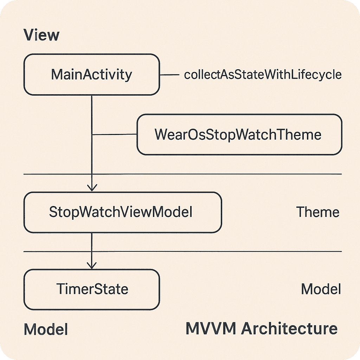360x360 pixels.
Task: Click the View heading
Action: [x=41, y=36]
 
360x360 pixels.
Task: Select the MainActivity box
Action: [x=91, y=75]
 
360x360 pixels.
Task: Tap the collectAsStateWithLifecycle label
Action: [x=263, y=75]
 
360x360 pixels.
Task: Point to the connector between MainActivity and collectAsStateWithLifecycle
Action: [x=169, y=75]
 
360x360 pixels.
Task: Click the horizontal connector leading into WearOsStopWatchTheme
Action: [x=114, y=134]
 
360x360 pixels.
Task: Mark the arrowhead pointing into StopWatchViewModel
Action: [x=92, y=188]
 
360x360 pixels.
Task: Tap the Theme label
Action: [x=317, y=212]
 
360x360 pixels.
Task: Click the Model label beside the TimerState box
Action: [x=321, y=289]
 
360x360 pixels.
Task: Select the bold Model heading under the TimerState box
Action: [x=46, y=330]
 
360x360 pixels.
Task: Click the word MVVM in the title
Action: [x=211, y=329]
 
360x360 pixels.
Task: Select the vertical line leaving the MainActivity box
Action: [x=92, y=116]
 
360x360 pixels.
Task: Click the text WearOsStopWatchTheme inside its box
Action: [x=238, y=135]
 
